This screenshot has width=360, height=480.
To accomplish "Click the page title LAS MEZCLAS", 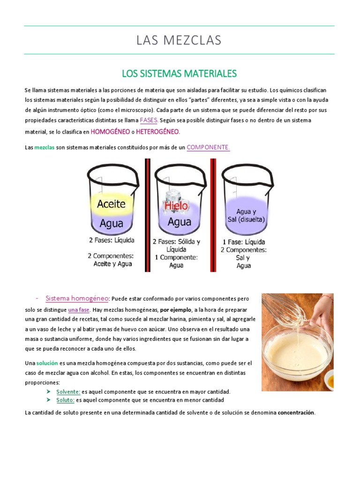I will coord(179,40).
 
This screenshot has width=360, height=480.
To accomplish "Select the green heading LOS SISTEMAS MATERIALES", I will coord(179,74).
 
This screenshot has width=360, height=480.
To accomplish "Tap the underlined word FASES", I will coord(149,120).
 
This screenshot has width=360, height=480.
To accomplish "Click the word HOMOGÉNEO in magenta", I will coord(110,132).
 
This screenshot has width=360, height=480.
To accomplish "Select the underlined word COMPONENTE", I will coord(208,147).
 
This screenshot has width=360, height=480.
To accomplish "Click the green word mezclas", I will coord(45,148).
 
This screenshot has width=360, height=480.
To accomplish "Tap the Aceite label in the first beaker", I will coord(111,204).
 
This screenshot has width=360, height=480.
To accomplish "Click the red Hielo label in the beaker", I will coord(176,205).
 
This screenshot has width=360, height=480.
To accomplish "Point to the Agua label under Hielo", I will coord(179,222).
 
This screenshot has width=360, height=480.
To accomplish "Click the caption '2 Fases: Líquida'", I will coord(111,240).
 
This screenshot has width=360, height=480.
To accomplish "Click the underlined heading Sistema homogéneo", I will coord(77,298).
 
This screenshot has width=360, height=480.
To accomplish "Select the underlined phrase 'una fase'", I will coord(79,310).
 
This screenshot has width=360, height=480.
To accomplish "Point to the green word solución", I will coord(46,363).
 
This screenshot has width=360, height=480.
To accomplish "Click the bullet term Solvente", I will coord(68,391).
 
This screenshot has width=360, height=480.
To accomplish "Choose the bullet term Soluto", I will coord(65,400).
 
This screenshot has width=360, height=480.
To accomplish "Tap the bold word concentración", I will coord(296,413).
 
